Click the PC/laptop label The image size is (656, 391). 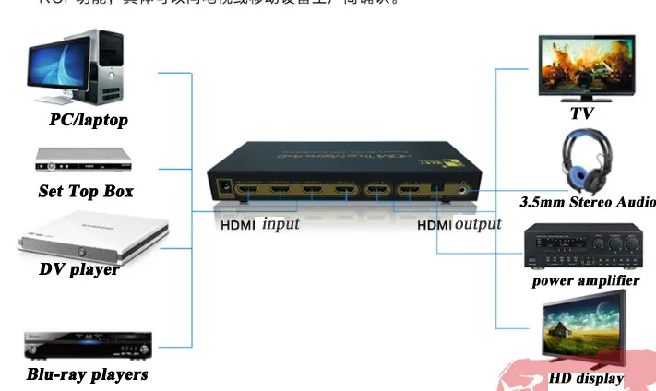(x=89, y=120)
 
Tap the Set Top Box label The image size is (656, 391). (x=86, y=192)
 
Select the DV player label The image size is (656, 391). (x=78, y=269)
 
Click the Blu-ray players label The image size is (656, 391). (x=87, y=374)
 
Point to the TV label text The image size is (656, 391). (x=581, y=113)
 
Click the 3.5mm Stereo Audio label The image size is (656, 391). (x=587, y=202)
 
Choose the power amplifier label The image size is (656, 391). (x=586, y=280)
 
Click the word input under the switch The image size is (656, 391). (x=280, y=223)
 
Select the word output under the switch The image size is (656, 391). (x=478, y=224)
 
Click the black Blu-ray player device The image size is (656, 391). (x=88, y=346)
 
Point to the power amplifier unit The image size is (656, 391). (x=584, y=247)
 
